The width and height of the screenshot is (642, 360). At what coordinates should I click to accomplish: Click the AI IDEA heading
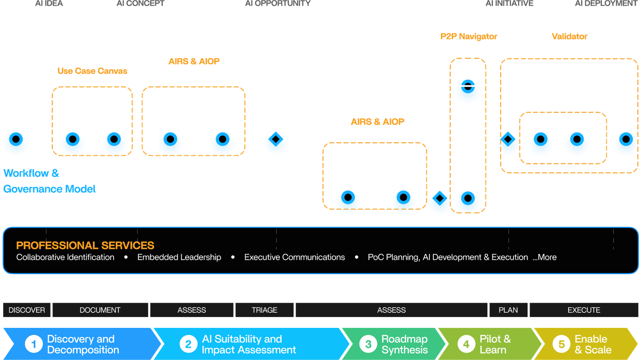tap(49, 3)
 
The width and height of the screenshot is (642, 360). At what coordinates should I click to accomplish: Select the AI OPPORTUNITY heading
tap(278, 3)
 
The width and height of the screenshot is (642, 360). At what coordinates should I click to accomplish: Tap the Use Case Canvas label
tap(92, 71)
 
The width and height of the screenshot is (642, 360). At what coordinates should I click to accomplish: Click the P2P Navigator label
tap(469, 37)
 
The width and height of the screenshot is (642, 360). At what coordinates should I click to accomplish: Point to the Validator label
tap(569, 37)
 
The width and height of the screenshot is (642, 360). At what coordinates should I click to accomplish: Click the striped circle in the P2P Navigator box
tap(468, 86)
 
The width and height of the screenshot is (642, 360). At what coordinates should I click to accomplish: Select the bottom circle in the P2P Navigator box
tap(468, 198)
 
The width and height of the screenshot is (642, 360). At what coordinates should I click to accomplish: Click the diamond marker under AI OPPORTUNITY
tap(276, 139)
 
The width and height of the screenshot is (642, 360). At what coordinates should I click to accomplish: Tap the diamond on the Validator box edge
tap(508, 139)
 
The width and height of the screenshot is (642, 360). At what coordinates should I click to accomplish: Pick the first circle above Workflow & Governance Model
tap(16, 139)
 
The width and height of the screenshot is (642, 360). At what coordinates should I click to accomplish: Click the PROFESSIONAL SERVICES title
tap(85, 245)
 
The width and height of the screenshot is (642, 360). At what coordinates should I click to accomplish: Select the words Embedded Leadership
tap(179, 257)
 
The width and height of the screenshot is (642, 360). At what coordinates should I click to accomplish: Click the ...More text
tap(544, 257)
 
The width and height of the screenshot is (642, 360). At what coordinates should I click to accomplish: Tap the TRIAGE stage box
tap(264, 310)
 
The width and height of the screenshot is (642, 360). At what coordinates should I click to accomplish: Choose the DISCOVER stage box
tap(26, 310)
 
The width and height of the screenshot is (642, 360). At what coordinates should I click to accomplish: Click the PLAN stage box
tap(508, 310)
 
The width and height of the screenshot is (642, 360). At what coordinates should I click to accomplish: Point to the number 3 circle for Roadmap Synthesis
tap(368, 344)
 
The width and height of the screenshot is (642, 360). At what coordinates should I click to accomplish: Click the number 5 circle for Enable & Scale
tap(561, 344)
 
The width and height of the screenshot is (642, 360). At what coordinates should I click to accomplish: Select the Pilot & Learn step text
tap(495, 344)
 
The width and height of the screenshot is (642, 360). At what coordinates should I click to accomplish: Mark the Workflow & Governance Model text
tap(49, 181)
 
